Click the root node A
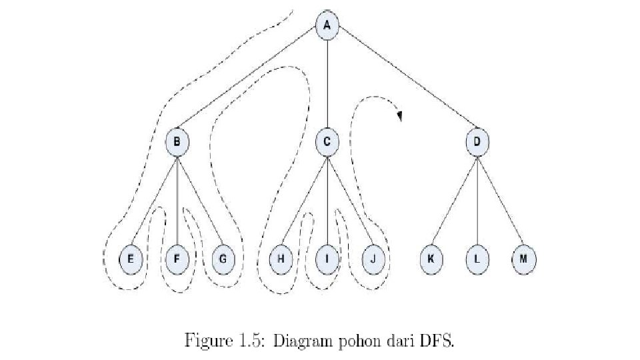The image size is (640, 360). (327, 25)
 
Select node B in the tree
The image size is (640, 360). (177, 141)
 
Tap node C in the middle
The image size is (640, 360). (327, 141)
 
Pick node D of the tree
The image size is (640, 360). (477, 141)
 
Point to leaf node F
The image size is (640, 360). (177, 259)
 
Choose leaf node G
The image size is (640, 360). (222, 259)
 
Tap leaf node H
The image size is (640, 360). (281, 259)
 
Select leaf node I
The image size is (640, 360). (327, 259)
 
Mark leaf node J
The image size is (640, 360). (373, 259)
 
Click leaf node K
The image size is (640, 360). (431, 259)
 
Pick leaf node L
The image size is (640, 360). (477, 259)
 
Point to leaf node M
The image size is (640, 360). (523, 259)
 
